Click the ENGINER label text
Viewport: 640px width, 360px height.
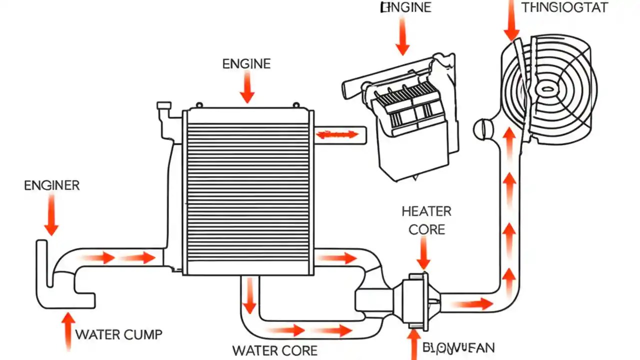(x=51, y=185)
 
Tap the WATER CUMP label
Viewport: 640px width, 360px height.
(x=119, y=334)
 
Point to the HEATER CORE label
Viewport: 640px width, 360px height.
(x=426, y=220)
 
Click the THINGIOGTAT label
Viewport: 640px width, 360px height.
(x=564, y=7)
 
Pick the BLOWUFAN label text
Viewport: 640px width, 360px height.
(x=458, y=348)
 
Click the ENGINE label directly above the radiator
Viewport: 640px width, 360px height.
(x=246, y=64)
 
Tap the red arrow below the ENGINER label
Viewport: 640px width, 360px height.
(x=51, y=215)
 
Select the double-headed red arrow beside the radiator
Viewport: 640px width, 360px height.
(x=338, y=134)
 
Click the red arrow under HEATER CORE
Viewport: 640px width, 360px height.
(x=423, y=253)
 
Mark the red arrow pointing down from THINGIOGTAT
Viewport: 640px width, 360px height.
(x=511, y=20)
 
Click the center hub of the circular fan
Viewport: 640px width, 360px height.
(x=547, y=89)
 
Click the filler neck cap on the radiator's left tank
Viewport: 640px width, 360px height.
(x=163, y=106)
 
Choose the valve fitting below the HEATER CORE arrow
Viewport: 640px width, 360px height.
(x=417, y=300)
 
